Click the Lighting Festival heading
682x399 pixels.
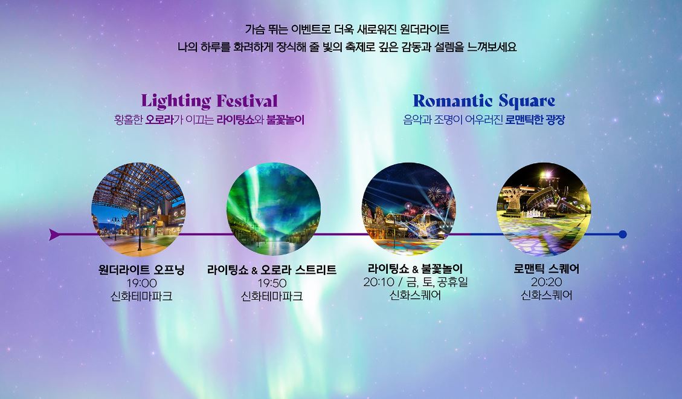tap(209, 100)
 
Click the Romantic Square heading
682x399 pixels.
tap(484, 100)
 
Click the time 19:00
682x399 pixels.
tap(142, 283)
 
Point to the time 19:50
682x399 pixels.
tap(272, 283)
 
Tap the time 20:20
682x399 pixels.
tap(547, 282)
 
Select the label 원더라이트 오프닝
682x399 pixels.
tap(141, 270)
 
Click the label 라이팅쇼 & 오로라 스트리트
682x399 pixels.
tap(272, 270)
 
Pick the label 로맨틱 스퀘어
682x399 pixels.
tap(547, 269)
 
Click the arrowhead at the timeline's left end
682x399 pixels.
tap(54, 235)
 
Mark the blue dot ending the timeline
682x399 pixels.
tap(623, 234)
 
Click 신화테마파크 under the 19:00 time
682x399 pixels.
tap(142, 296)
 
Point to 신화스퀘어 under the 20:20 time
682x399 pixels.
tap(547, 296)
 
